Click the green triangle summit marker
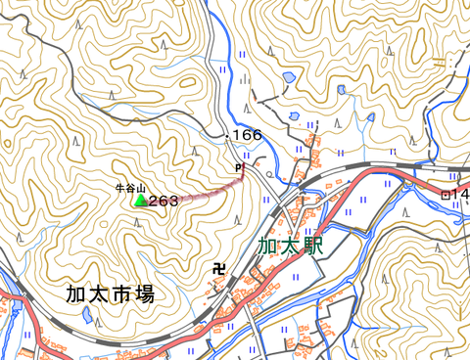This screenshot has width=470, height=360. (x=140, y=200)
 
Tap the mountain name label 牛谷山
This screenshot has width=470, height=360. (x=129, y=186)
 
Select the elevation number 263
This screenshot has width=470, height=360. (x=164, y=201)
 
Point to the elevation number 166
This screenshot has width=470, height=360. (x=248, y=135)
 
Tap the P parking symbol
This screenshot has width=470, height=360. (x=237, y=167)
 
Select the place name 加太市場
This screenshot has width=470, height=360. (x=110, y=292)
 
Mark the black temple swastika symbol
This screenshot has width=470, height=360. (x=218, y=267)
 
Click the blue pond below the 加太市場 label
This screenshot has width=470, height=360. (x=89, y=317)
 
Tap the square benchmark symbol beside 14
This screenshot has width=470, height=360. (x=446, y=195)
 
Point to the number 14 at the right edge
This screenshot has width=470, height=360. (x=461, y=195)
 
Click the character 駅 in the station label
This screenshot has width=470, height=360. (x=312, y=245)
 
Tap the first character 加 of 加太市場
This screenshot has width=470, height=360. (x=76, y=292)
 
